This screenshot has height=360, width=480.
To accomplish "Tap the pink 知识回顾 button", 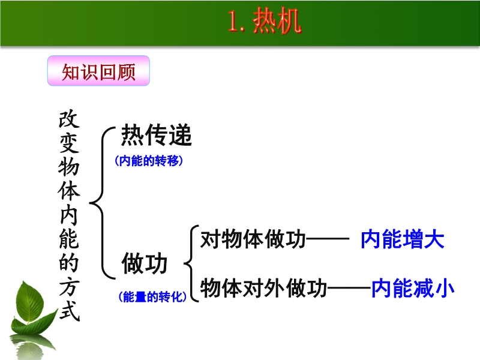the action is (98, 71).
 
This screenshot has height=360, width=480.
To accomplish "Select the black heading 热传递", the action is (157, 135).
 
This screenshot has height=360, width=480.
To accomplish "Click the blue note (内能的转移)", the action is (149, 161).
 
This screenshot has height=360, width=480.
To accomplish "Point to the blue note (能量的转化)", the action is (152, 296).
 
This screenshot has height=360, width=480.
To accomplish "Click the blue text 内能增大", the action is (403, 239).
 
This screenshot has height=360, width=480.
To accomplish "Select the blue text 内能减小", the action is (413, 288).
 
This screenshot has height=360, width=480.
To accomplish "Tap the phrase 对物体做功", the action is (253, 239).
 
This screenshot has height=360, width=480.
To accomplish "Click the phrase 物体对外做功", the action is (263, 288).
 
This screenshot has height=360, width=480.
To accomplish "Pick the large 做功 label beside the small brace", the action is (145, 263).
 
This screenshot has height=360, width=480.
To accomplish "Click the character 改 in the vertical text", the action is (69, 119).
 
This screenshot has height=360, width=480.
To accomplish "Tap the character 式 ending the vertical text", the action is (70, 311).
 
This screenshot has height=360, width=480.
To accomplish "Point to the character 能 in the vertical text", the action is (69, 239).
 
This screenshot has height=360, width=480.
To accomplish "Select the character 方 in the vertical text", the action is (70, 287).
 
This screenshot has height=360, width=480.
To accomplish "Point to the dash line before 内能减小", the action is (349, 288).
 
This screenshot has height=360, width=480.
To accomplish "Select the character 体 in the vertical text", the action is (69, 191).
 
